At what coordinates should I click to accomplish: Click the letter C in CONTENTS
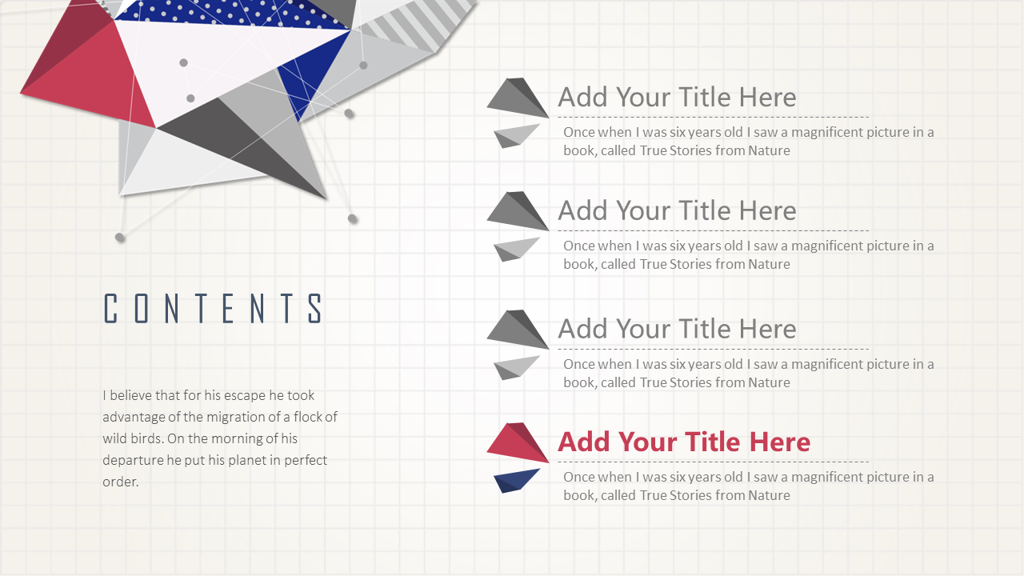click(110, 308)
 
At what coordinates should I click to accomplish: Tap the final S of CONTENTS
click(315, 308)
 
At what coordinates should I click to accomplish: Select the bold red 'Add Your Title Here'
click(684, 442)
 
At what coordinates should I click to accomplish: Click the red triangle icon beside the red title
click(518, 442)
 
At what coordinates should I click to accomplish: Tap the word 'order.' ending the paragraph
click(120, 482)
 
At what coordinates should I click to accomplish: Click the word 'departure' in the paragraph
click(133, 460)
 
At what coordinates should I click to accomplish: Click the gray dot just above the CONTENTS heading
click(120, 238)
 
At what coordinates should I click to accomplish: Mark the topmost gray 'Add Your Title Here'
click(677, 97)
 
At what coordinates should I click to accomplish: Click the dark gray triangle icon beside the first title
click(518, 98)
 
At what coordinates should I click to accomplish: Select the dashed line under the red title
click(713, 462)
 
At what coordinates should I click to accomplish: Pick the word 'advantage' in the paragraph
click(134, 417)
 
